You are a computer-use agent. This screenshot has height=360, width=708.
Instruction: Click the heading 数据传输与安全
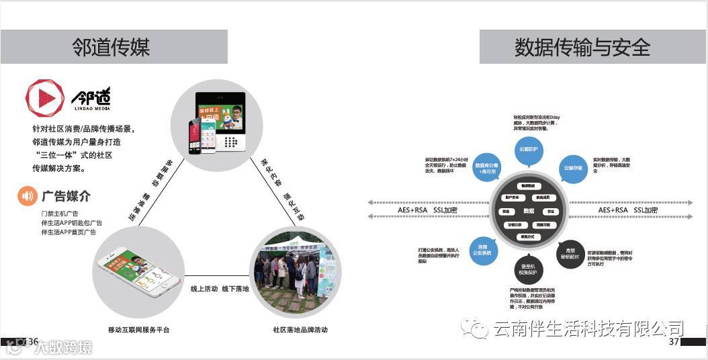[582, 47]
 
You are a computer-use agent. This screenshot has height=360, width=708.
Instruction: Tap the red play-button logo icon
[44, 98]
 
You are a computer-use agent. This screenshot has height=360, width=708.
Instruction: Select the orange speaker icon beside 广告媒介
[27, 196]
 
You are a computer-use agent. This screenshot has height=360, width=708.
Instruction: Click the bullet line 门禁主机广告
[60, 214]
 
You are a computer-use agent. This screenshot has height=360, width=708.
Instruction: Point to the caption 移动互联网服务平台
[139, 330]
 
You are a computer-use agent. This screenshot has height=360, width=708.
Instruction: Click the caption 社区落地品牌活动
[300, 330]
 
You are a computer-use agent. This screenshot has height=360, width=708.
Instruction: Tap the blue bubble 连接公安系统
[483, 250]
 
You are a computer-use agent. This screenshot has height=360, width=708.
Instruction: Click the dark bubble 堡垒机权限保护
[529, 269]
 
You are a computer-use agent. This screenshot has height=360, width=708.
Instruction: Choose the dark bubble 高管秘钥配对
[570, 253]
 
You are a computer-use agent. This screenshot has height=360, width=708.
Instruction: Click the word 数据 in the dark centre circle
[529, 211]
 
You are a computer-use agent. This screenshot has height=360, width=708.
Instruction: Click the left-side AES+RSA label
[412, 210]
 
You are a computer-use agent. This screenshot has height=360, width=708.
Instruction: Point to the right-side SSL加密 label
[646, 210]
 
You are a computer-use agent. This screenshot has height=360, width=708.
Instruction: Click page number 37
[674, 342]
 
